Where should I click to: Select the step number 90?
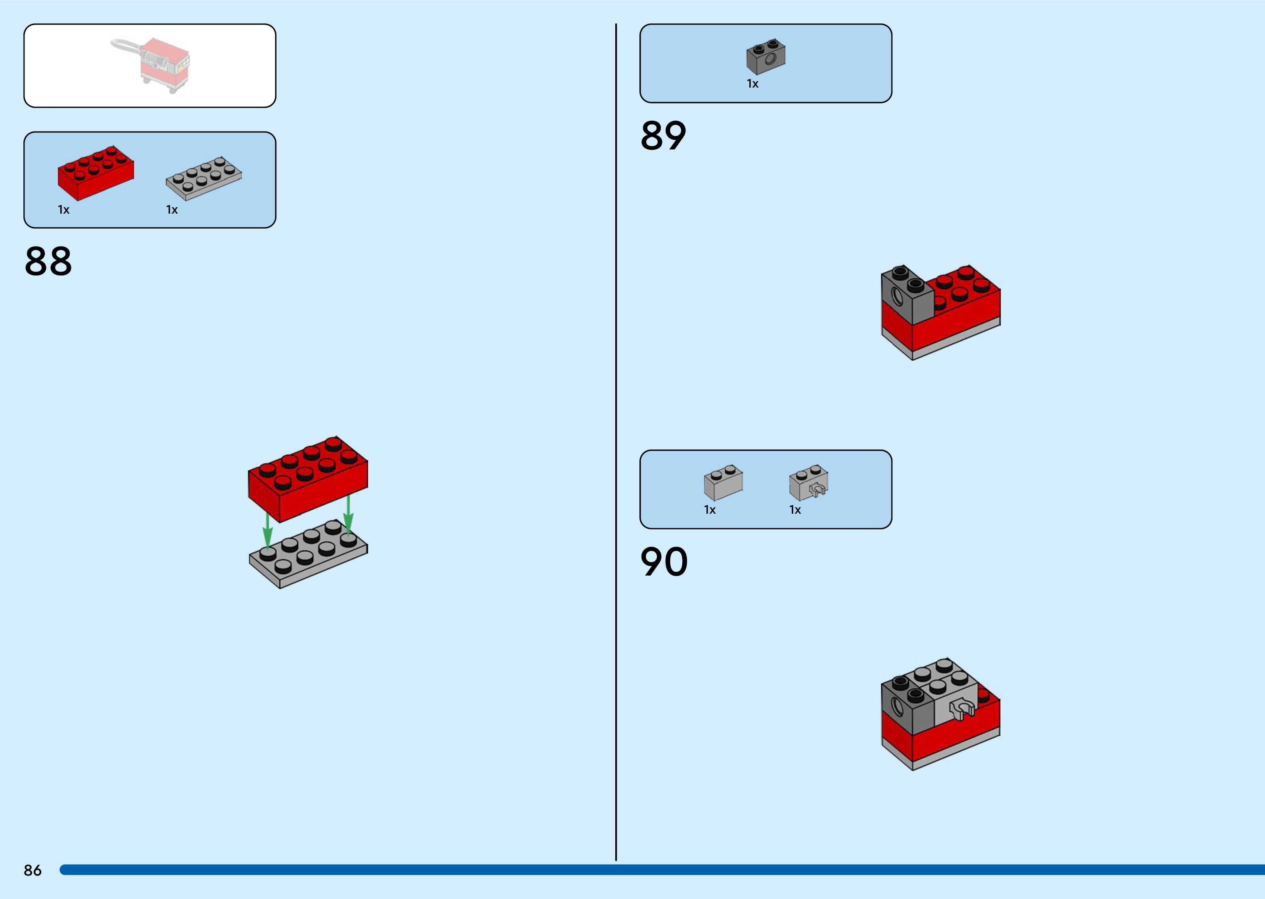664,562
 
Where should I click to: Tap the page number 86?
33,870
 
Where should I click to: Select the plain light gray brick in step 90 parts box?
723,483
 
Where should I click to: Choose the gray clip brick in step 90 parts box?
809,483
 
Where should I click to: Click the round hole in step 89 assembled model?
897,300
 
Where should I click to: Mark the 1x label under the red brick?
64,210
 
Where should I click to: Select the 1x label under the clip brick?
795,510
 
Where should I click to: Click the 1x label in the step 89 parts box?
752,84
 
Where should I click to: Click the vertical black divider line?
616,443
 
